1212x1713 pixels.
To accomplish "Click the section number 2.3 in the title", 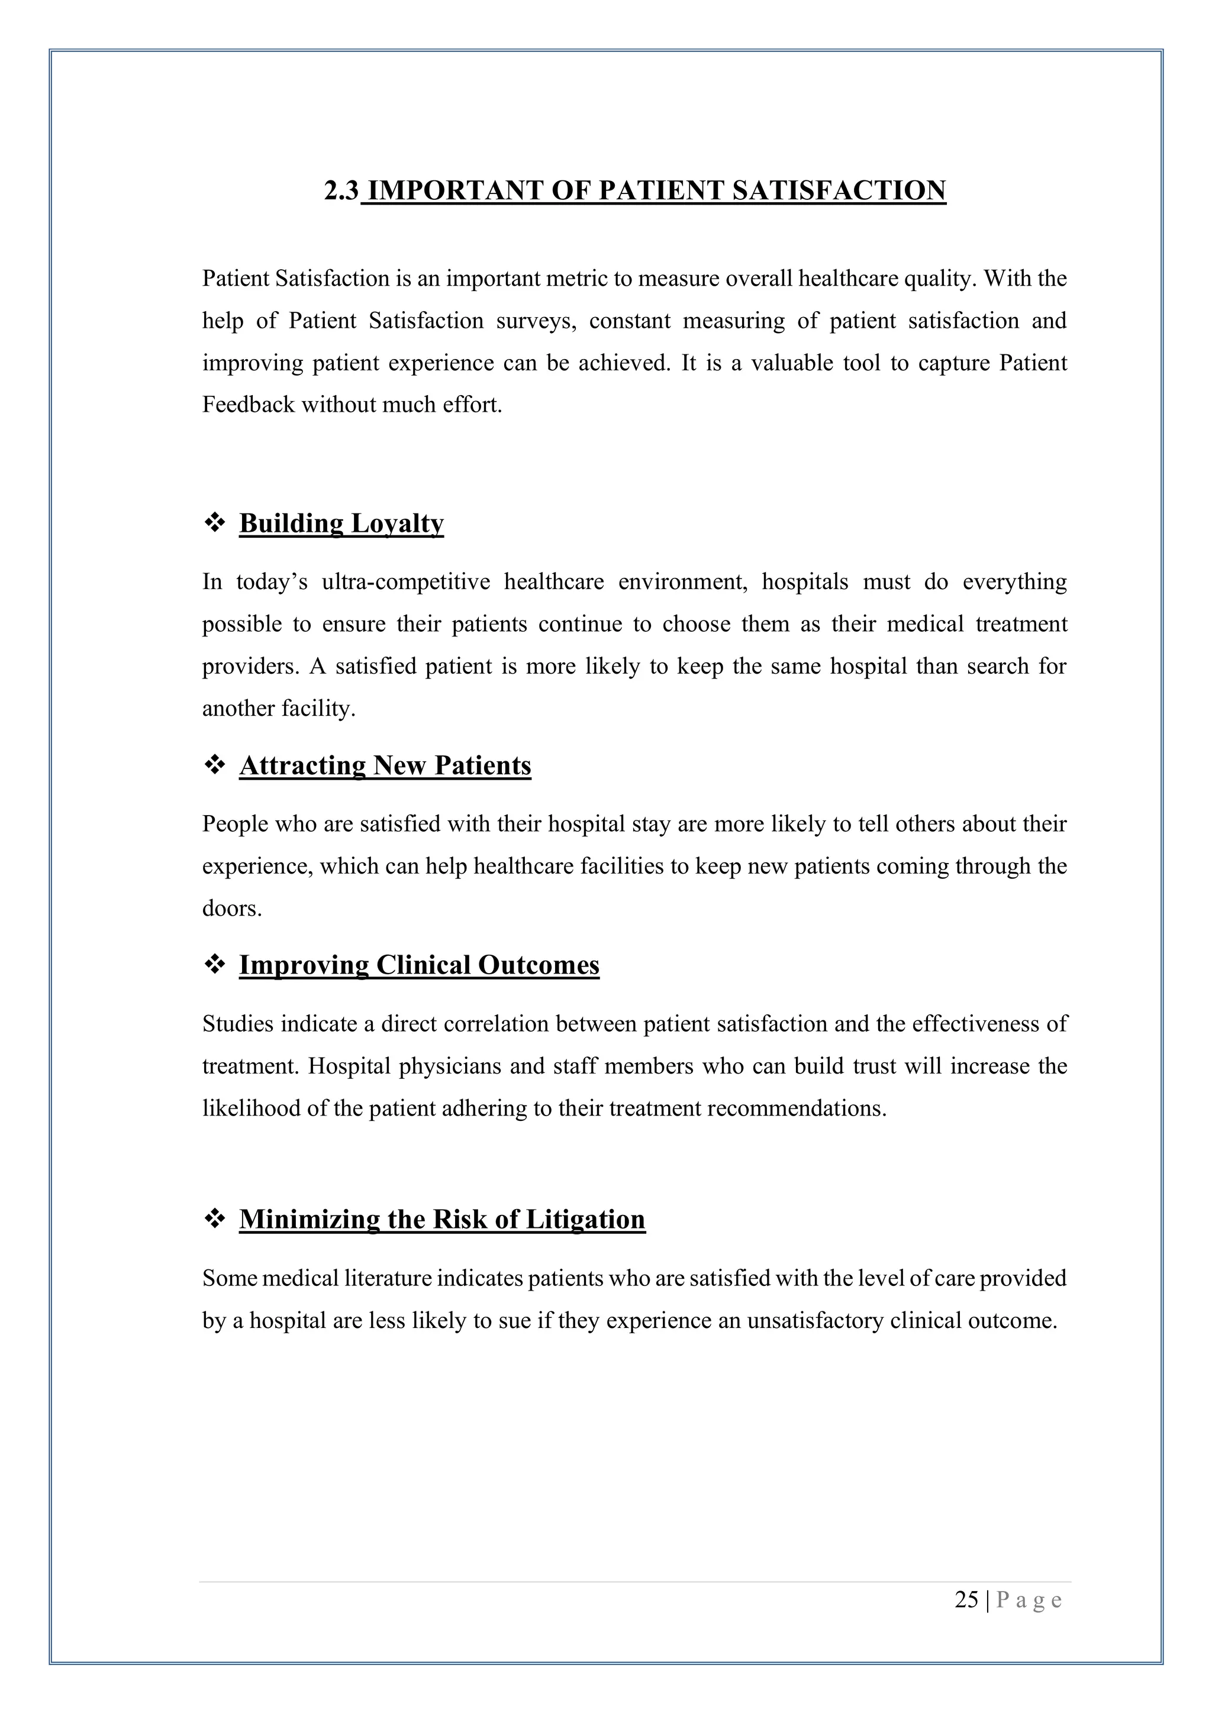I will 341,191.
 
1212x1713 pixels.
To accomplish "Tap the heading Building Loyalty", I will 341,523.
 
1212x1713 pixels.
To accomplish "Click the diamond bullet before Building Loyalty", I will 215,523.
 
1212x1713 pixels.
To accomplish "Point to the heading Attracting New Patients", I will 385,766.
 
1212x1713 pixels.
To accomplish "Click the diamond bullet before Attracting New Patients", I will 215,766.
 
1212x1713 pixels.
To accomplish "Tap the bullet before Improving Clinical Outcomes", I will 215,965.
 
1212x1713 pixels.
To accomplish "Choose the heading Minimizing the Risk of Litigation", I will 442,1220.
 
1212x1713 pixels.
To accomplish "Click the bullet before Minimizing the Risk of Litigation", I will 215,1220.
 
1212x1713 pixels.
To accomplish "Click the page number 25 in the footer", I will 966,1599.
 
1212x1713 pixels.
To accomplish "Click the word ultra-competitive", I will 406,582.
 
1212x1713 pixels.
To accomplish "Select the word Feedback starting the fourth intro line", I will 249,405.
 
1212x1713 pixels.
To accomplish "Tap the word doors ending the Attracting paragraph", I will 231,909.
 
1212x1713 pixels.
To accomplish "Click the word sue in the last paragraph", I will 514,1321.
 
